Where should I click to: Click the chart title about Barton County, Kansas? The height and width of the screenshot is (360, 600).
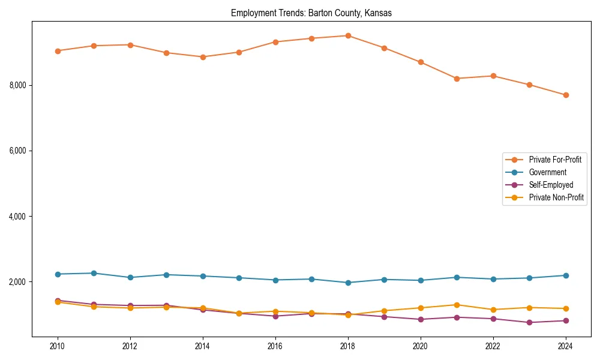click(x=311, y=13)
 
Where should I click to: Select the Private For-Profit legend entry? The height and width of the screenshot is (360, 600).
click(x=554, y=160)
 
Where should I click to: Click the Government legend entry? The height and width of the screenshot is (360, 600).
click(x=547, y=172)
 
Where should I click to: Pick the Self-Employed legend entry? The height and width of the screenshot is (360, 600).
click(x=551, y=185)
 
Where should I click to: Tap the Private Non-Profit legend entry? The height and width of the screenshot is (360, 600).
click(x=556, y=197)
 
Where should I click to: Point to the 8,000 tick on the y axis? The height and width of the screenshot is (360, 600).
click(x=18, y=85)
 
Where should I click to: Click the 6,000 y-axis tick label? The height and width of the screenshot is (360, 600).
click(x=18, y=151)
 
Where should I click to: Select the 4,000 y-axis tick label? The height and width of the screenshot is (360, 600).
click(x=18, y=216)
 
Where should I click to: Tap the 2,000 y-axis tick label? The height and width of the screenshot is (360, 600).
click(x=18, y=282)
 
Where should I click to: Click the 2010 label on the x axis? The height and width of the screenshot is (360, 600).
click(x=58, y=346)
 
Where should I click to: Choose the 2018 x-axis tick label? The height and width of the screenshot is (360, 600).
click(x=348, y=346)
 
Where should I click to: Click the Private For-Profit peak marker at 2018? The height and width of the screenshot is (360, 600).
click(x=348, y=35)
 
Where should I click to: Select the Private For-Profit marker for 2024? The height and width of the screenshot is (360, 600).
click(x=566, y=95)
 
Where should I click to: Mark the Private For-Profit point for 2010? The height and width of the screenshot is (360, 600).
click(x=58, y=51)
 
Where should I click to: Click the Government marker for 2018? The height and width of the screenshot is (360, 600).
click(x=348, y=283)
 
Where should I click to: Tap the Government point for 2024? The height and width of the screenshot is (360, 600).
click(x=566, y=275)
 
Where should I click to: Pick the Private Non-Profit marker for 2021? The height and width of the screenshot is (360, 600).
click(x=457, y=305)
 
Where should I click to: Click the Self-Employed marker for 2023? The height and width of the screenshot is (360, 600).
click(x=529, y=322)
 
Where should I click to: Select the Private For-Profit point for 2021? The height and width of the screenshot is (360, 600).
click(x=457, y=79)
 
